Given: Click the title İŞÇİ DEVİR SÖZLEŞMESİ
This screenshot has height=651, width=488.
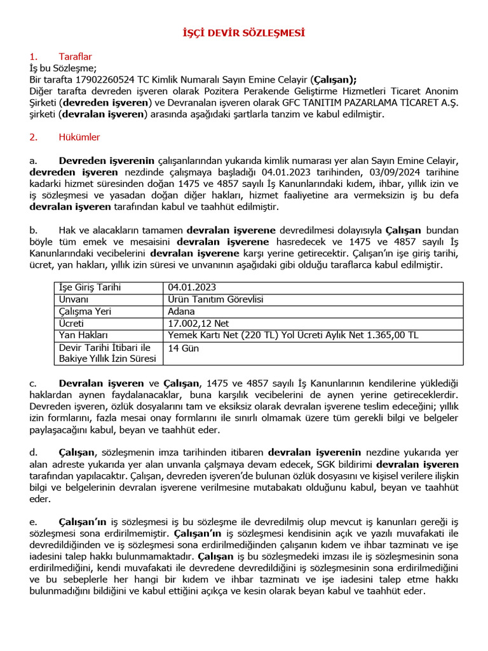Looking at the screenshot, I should (x=244, y=32).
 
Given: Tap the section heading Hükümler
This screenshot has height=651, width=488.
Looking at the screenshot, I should (x=79, y=137).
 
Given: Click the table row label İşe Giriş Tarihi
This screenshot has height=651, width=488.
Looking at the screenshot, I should (x=90, y=287).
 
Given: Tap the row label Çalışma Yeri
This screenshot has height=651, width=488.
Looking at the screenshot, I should (x=83, y=312).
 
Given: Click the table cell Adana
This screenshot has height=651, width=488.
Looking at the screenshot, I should (x=181, y=312).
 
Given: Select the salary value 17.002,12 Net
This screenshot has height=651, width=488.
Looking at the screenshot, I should (x=198, y=324).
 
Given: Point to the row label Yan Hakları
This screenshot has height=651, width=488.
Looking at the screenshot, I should (x=84, y=335).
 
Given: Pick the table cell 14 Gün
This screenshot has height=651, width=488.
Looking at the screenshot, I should (x=184, y=348).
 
